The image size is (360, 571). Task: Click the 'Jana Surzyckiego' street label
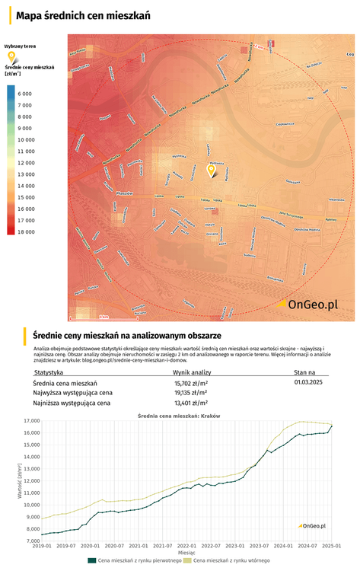click(293, 212)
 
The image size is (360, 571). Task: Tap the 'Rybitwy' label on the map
click(330, 219)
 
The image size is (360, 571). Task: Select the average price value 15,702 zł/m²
click(191, 383)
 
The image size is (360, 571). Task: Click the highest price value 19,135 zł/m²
click(191, 393)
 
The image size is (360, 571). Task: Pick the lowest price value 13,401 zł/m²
click(191, 403)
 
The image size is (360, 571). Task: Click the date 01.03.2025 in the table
click(309, 383)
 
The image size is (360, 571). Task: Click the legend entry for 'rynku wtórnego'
click(231, 560)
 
